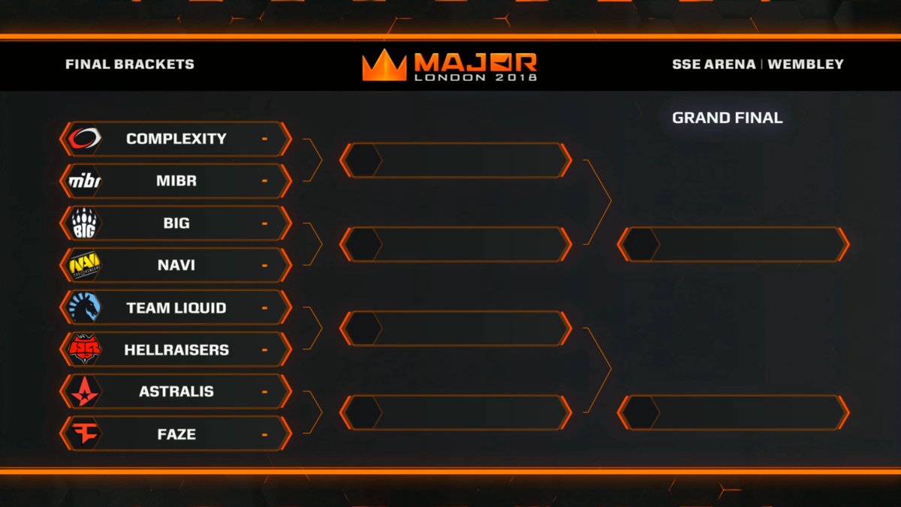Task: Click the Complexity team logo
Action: (x=84, y=138)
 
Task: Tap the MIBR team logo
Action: (x=84, y=181)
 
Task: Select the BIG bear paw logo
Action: (x=84, y=223)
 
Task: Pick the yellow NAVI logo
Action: (x=84, y=265)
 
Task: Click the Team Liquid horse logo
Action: (x=84, y=307)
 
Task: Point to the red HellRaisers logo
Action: (x=84, y=349)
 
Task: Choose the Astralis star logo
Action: (x=84, y=391)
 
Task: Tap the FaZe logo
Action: (x=84, y=434)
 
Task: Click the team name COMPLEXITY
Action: (x=176, y=139)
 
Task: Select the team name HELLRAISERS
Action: (x=176, y=350)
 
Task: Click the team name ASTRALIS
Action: (x=176, y=391)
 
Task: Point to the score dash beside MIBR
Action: (x=264, y=181)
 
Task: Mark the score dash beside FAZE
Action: (x=264, y=435)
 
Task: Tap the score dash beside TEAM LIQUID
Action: (x=264, y=308)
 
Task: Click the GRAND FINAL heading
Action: (x=728, y=118)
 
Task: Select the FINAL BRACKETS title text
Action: (x=129, y=64)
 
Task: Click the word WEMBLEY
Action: (x=805, y=64)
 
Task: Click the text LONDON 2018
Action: (x=476, y=77)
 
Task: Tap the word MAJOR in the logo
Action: (x=476, y=62)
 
